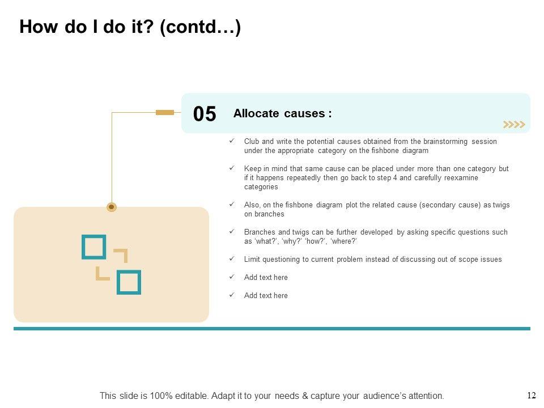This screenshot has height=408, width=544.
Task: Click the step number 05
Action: (205, 114)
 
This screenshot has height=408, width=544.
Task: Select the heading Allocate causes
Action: (282, 113)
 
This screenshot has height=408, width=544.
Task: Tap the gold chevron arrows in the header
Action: (514, 125)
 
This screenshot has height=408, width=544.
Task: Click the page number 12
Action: (532, 395)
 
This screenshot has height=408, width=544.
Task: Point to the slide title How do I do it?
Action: (130, 27)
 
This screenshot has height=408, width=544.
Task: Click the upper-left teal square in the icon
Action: (94, 247)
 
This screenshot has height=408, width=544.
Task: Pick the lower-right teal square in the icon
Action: (129, 282)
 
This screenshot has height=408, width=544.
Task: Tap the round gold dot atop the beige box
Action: (112, 207)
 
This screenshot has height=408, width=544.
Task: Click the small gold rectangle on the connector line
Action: (165, 112)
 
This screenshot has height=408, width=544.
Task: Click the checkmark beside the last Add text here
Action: (232, 295)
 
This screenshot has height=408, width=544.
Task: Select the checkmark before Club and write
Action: (232, 141)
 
